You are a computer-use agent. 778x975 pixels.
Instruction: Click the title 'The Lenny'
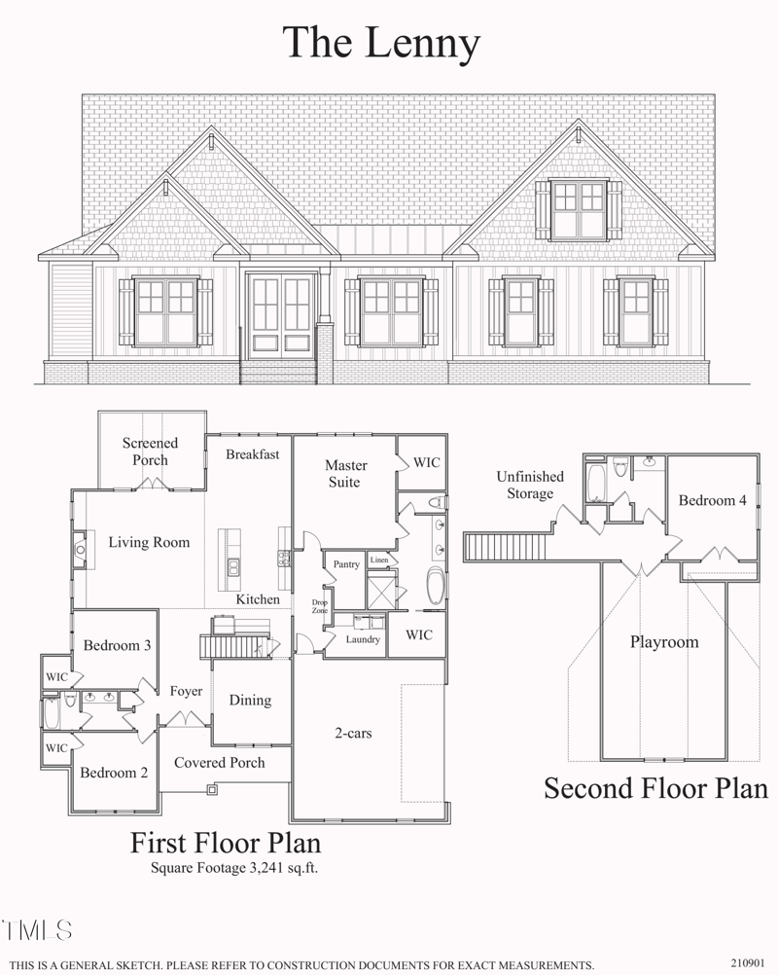click(x=381, y=43)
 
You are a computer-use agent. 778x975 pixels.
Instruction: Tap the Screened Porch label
click(x=150, y=451)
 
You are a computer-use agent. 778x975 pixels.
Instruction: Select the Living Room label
click(x=149, y=542)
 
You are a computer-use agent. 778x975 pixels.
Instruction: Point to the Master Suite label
click(x=343, y=474)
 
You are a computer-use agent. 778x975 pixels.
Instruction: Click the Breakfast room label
click(x=253, y=454)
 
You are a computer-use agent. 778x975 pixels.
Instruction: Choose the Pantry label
click(x=346, y=564)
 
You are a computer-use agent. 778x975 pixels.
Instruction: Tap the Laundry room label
click(x=363, y=639)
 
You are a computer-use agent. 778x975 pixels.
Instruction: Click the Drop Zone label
click(x=319, y=607)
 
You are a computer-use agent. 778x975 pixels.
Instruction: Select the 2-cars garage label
click(x=352, y=732)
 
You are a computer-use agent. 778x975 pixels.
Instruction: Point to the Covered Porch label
click(x=219, y=762)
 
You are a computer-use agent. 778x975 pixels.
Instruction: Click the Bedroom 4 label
click(x=713, y=500)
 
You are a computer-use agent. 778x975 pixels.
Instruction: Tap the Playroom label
click(x=663, y=642)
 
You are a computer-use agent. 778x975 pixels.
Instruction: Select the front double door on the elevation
click(x=282, y=313)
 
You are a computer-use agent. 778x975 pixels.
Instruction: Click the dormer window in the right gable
click(x=578, y=209)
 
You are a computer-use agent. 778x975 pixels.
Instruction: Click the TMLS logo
click(x=37, y=929)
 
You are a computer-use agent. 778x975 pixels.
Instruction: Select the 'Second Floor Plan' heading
click(x=655, y=787)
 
